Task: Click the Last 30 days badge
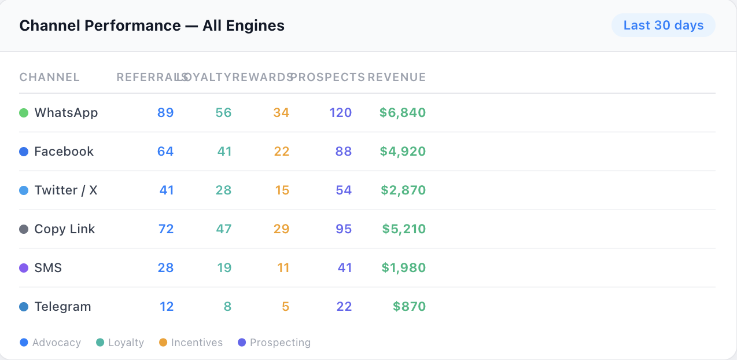[663, 25]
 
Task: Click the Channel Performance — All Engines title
[152, 25]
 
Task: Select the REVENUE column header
[397, 77]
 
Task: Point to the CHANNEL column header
[50, 77]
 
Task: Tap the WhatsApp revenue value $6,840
[403, 112]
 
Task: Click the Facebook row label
[64, 151]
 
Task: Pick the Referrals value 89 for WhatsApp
[165, 112]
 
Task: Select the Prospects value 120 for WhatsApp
[341, 112]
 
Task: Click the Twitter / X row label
[66, 190]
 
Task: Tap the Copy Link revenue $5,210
[404, 229]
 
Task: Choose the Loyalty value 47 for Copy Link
[224, 229]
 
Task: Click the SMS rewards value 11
[283, 267]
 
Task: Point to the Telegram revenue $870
[409, 306]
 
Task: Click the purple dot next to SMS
[24, 268]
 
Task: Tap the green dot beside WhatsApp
[24, 113]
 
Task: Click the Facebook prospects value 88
[344, 151]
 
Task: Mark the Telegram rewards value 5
[285, 306]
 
